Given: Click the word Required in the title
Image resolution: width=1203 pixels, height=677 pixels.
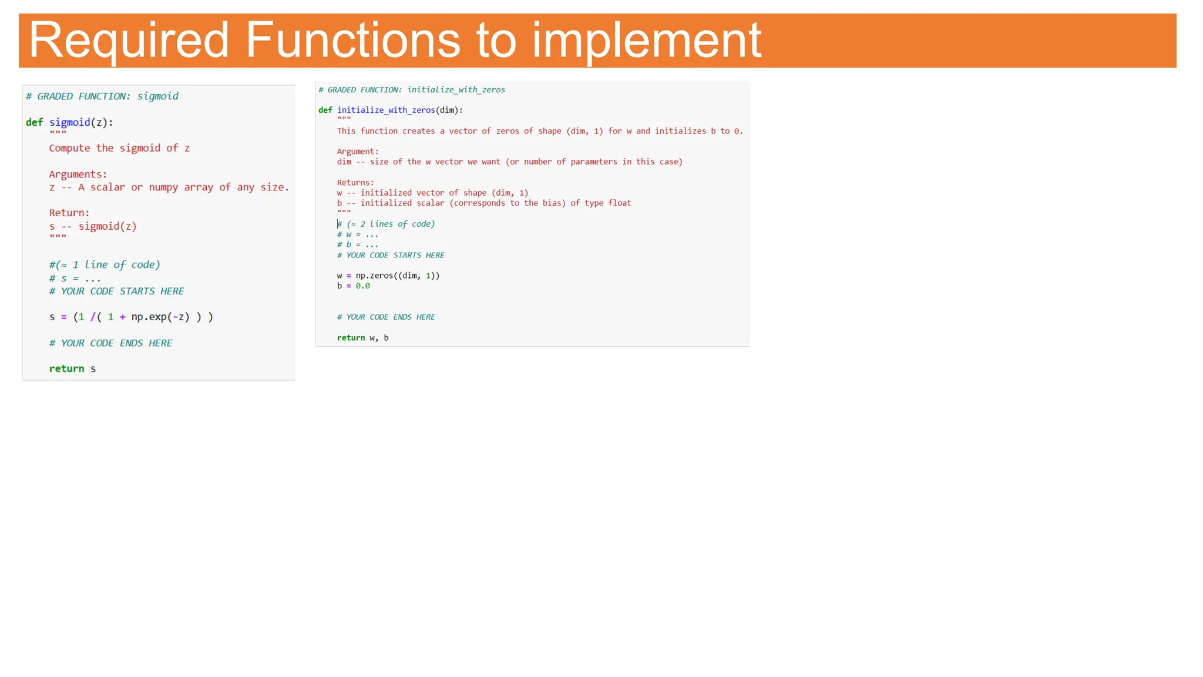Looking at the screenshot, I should point(129,40).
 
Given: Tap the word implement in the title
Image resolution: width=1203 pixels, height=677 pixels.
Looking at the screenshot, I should point(647,40).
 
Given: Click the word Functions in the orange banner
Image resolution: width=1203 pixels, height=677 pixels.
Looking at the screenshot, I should point(352,40).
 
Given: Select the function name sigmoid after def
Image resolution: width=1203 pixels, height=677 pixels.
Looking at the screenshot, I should point(69,122).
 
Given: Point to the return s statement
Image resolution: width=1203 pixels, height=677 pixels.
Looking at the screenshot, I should point(72,368).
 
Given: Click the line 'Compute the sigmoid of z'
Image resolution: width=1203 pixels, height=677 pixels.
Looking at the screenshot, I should point(119,148).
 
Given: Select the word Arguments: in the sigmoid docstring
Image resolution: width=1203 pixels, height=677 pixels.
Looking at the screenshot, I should point(78,175).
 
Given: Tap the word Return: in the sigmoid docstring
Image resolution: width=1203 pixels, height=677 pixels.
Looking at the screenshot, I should point(69,213).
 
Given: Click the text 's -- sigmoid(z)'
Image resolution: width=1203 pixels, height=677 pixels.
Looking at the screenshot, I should point(93,226).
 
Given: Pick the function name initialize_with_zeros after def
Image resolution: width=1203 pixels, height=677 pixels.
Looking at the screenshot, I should point(386,110).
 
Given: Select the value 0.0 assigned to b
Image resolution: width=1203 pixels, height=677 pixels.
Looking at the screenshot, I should point(362,286).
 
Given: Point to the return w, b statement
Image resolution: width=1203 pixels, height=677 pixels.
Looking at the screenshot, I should point(362,338).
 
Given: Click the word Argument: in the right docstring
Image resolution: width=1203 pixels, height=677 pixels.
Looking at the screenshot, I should point(358,152).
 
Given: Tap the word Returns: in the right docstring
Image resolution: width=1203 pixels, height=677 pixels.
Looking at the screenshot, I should point(355,183).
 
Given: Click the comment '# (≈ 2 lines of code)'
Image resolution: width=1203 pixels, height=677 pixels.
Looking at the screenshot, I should point(386,224).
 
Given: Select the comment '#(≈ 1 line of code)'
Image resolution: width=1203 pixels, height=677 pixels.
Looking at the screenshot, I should point(105,265).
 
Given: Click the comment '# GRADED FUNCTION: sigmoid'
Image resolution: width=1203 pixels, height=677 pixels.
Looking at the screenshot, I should point(102,96).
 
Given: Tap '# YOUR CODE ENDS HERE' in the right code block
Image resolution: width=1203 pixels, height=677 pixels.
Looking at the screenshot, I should point(386,317).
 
